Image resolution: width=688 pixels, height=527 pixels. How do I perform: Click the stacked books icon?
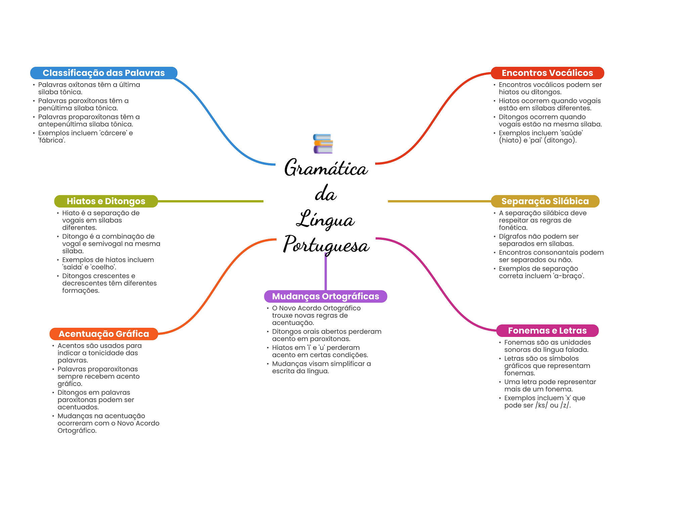323,144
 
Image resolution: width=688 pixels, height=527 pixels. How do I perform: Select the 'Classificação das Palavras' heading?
103,73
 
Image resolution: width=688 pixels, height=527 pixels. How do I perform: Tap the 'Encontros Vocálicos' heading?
547,73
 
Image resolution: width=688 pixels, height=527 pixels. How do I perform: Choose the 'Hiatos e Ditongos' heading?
106,201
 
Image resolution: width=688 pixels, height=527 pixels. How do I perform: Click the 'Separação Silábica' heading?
545,201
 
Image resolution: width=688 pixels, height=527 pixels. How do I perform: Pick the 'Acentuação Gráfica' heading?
103,334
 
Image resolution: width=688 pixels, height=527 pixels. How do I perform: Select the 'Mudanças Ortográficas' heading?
325,296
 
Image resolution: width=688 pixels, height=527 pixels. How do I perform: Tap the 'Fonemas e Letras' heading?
547,331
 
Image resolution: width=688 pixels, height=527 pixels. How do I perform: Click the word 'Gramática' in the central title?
326,168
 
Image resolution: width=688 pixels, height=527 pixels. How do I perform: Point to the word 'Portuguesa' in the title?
326,245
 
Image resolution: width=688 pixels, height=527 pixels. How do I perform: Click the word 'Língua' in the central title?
325,220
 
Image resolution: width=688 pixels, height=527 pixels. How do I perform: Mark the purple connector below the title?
326,272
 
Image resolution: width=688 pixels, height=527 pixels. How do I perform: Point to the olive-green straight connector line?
210,201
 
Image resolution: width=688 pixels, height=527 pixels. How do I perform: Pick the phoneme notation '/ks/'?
542,405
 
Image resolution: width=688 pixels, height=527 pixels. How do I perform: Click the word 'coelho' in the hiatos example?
103,267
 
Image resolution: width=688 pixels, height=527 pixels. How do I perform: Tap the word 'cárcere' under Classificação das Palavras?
114,133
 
